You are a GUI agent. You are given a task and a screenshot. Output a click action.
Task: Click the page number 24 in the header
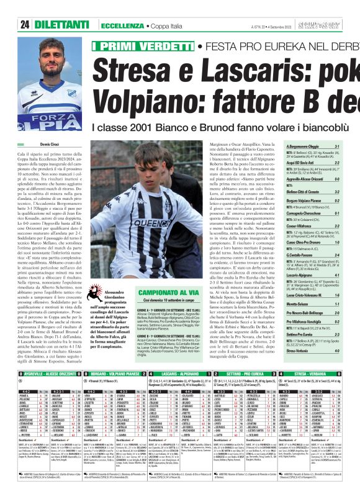tap(24, 25)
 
